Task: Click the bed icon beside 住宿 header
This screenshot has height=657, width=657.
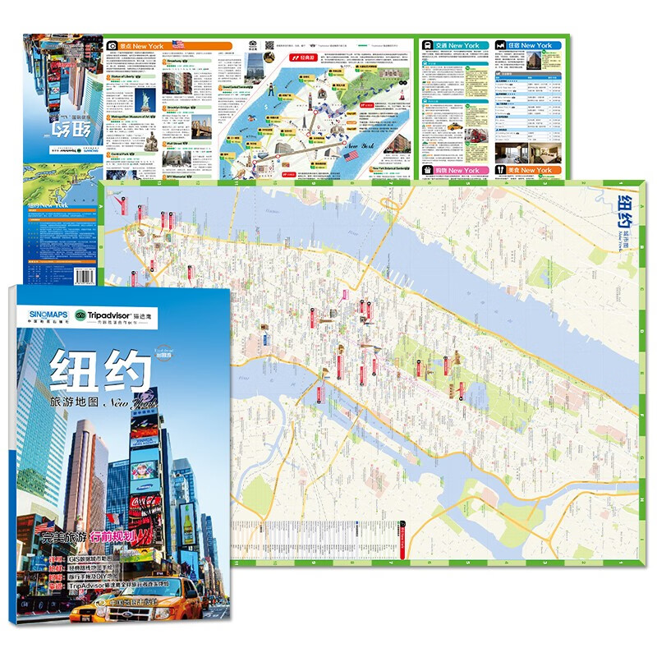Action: pos(501,45)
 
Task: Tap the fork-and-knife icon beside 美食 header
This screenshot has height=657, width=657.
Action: pos(501,170)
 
